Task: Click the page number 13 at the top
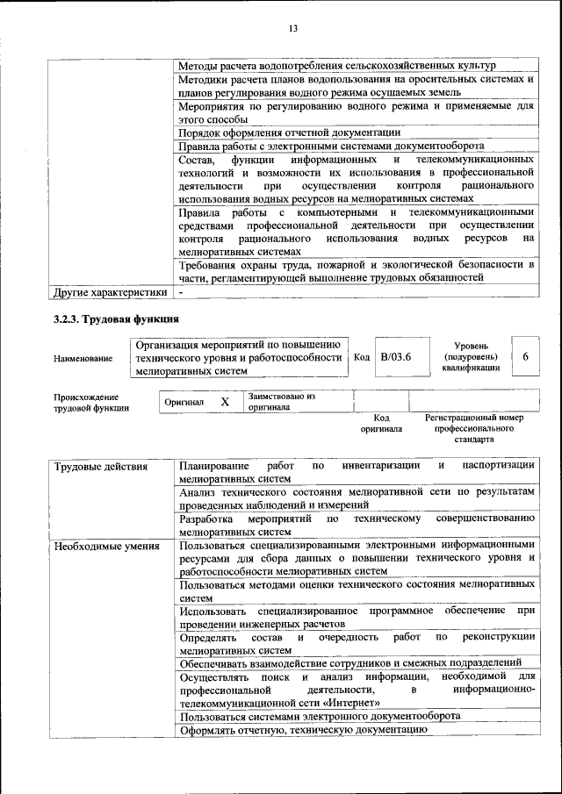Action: (293, 28)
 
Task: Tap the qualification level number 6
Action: (525, 357)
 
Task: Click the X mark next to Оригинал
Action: (225, 402)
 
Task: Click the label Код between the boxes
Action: (362, 357)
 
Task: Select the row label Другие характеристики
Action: (110, 292)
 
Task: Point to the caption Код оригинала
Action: (380, 424)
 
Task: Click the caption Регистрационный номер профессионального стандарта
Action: (474, 428)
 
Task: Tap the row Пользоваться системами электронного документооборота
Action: (319, 716)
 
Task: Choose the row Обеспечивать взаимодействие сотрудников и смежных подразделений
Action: (349, 663)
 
